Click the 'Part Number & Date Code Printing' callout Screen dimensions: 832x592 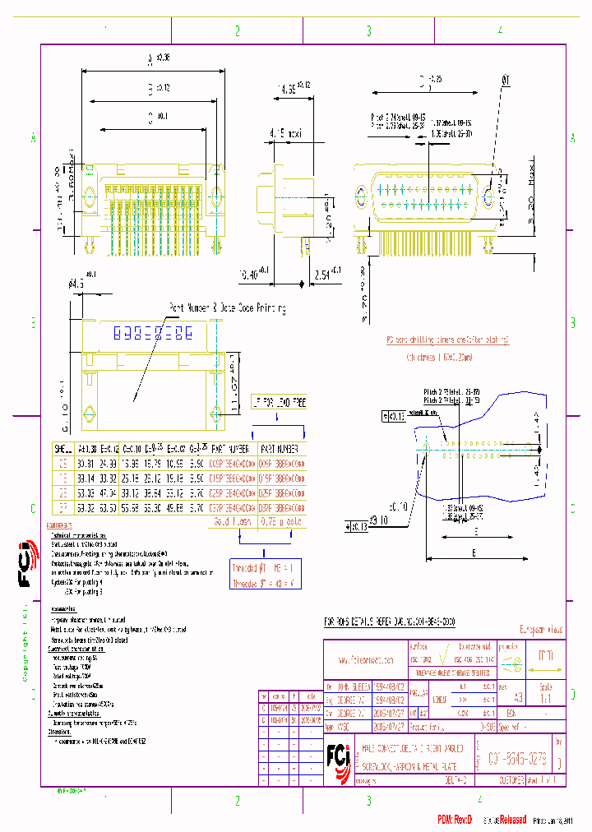[x=228, y=308]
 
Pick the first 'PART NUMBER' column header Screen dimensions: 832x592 [x=230, y=450]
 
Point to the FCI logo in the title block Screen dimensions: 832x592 [x=339, y=754]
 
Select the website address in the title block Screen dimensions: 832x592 [x=365, y=659]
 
